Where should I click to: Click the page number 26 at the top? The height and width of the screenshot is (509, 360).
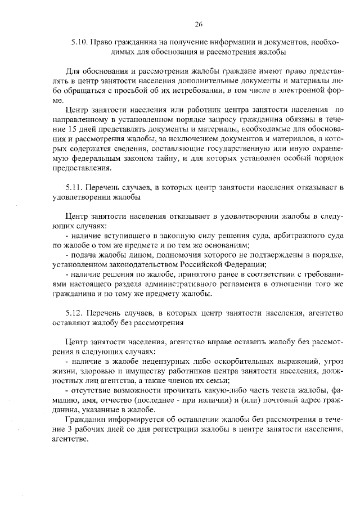click(x=199, y=24)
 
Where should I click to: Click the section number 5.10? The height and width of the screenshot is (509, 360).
click(x=79, y=42)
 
